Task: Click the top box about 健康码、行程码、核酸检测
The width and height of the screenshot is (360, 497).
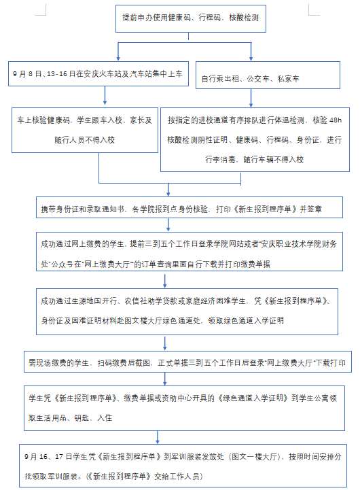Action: click(x=191, y=18)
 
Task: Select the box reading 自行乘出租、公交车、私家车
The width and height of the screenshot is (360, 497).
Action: click(x=268, y=75)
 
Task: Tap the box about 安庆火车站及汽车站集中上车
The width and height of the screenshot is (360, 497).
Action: click(x=98, y=74)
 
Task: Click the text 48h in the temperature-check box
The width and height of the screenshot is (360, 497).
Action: click(x=336, y=120)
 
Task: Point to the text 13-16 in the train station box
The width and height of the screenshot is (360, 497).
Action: click(x=56, y=74)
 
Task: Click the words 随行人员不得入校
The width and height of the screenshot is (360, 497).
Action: click(x=84, y=140)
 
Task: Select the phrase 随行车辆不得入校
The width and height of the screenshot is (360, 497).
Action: click(x=273, y=160)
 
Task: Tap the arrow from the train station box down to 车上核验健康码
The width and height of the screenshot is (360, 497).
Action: click(x=105, y=95)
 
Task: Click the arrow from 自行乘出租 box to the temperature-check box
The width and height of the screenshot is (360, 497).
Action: click(x=251, y=99)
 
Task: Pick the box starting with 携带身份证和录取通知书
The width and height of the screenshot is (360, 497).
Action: click(x=190, y=207)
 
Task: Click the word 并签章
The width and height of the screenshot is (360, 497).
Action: click(x=311, y=209)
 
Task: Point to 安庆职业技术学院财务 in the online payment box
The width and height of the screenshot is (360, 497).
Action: click(x=299, y=244)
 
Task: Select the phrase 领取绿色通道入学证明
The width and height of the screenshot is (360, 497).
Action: click(x=246, y=320)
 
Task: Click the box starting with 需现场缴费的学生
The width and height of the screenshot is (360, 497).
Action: click(x=187, y=362)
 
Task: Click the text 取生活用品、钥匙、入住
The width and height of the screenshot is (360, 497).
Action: click(x=70, y=417)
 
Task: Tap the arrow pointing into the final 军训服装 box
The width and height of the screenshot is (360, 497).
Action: click(x=158, y=437)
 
